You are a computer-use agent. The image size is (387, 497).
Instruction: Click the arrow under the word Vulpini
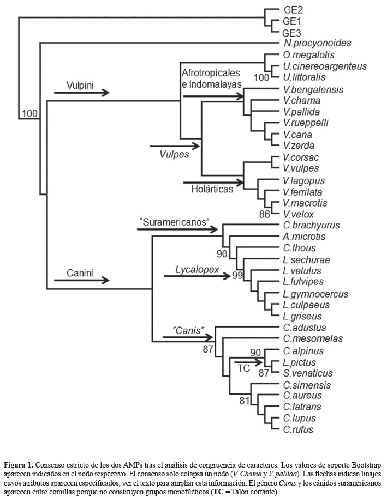point(82,93)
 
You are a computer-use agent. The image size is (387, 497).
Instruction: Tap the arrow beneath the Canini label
point(82,280)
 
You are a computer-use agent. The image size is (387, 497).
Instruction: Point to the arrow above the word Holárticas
point(213,182)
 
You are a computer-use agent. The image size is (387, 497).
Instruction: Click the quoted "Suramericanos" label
point(175,222)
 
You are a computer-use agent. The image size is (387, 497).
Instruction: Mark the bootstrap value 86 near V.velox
point(265,214)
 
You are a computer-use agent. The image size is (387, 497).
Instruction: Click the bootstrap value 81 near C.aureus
point(244,402)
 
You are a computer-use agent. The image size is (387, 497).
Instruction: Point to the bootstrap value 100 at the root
point(30,114)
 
